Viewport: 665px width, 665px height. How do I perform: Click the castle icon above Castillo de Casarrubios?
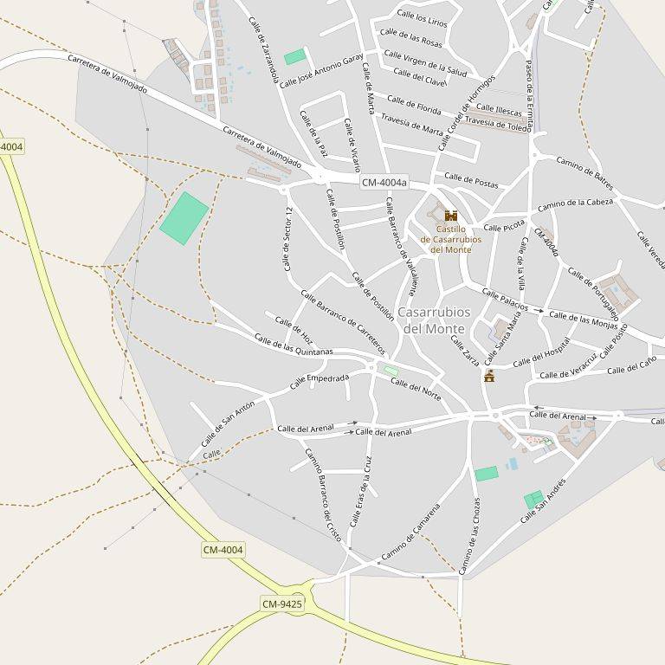[450, 216]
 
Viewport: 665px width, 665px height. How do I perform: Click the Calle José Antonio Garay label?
[321, 70]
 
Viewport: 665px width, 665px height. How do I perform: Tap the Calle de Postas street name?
[471, 182]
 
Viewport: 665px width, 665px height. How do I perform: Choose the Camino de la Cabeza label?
[575, 206]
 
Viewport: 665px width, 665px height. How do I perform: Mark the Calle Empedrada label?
[320, 380]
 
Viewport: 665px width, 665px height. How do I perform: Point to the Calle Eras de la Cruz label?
[360, 491]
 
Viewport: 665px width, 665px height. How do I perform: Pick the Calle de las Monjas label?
[584, 320]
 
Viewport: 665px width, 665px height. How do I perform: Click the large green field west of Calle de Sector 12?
[184, 217]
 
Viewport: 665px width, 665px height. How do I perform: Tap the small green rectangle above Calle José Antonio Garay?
[295, 57]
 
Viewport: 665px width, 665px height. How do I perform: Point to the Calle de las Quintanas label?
[294, 345]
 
